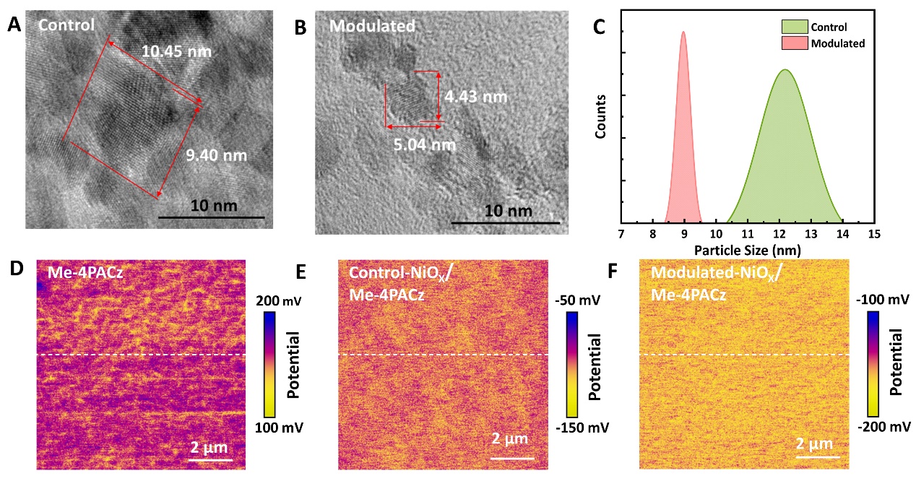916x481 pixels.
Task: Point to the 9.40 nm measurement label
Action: tap(217, 155)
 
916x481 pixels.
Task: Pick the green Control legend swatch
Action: tap(793, 27)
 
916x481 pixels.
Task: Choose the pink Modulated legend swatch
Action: tap(793, 43)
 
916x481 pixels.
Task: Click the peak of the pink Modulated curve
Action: tap(683, 32)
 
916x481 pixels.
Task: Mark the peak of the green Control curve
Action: tap(784, 70)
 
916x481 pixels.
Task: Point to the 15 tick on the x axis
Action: tap(874, 234)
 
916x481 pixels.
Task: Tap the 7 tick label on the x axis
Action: tap(621, 234)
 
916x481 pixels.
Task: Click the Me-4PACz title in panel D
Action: tap(81, 272)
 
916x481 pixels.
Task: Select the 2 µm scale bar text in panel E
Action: tap(510, 438)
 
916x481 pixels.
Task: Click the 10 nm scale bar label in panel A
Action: tap(211, 206)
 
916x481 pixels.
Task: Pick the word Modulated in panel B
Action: tap(372, 26)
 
